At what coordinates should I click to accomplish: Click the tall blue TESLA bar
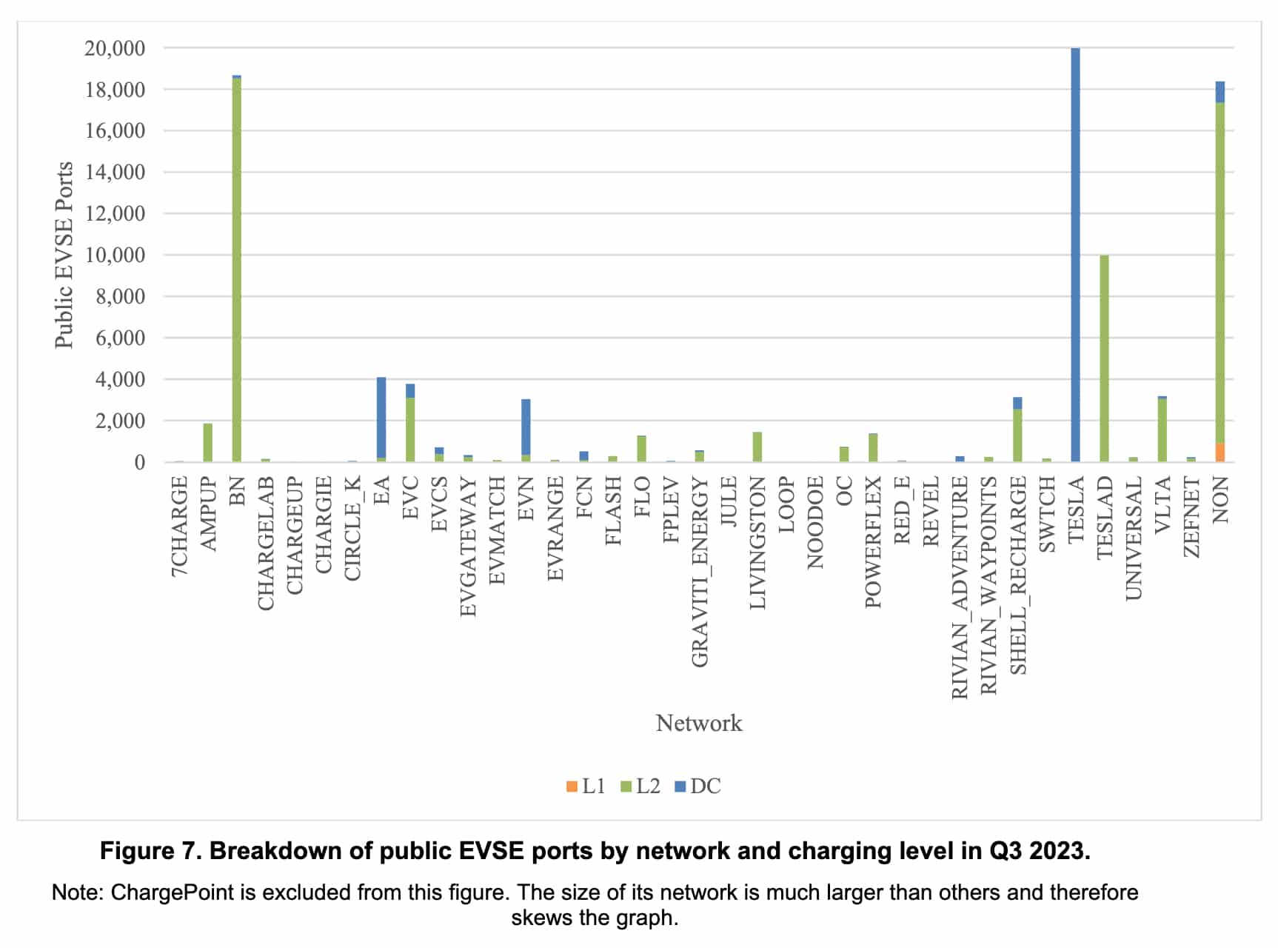[x=1075, y=256]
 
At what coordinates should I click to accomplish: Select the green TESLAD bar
[x=1104, y=359]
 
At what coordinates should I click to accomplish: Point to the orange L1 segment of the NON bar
[x=1220, y=453]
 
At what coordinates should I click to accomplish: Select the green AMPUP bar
[x=208, y=443]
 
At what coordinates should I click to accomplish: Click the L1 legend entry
[x=586, y=786]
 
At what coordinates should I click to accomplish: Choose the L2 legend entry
[x=640, y=786]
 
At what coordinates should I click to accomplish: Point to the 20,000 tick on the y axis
[x=115, y=48]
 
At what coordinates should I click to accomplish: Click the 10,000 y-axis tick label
[x=115, y=255]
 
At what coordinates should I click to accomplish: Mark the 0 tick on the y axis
[x=139, y=462]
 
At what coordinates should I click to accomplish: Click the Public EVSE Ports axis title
[x=64, y=255]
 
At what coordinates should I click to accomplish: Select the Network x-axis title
[x=698, y=723]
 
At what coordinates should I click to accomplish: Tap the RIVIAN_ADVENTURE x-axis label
[x=960, y=587]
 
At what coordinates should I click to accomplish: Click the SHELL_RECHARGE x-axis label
[x=1018, y=575]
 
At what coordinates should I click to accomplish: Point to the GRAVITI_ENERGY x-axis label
[x=700, y=571]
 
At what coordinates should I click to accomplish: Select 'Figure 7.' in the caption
[x=150, y=851]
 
